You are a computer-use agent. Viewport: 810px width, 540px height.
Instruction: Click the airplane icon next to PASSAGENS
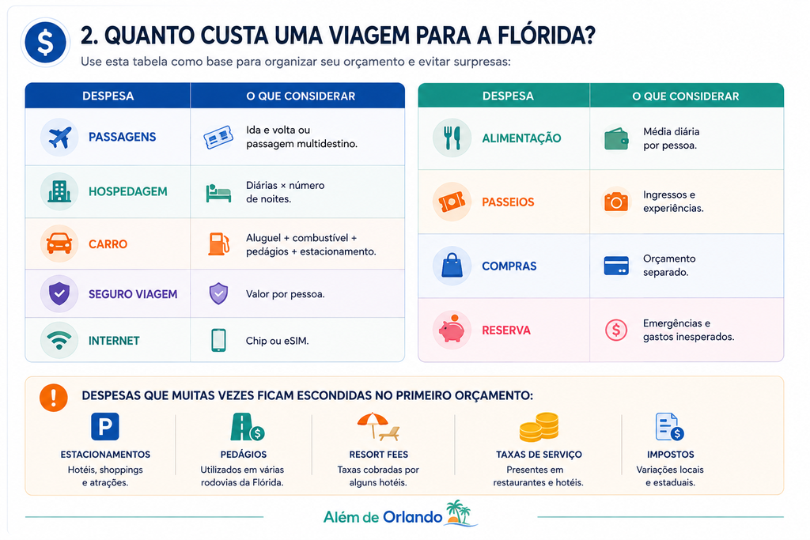(x=59, y=138)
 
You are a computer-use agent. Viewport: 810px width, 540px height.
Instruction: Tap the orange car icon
(x=59, y=244)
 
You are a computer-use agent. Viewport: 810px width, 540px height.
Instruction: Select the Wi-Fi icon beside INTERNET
(x=59, y=340)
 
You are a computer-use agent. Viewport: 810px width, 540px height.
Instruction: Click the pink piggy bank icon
(x=452, y=330)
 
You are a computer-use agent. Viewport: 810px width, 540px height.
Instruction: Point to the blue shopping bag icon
(x=452, y=266)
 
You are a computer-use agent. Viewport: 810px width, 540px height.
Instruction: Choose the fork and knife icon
(x=452, y=138)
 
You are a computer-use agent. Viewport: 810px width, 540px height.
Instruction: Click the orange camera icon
(x=616, y=202)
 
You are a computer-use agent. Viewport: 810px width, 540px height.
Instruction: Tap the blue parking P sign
(x=105, y=426)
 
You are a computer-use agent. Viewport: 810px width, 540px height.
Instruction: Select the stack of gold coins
(x=539, y=427)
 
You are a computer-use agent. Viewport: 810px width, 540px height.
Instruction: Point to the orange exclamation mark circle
(x=54, y=398)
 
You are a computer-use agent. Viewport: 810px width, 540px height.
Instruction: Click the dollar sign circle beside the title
(x=45, y=43)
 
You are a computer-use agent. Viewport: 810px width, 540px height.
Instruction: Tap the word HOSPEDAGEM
(x=127, y=191)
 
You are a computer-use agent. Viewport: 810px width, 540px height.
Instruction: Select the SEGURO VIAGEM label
(x=133, y=294)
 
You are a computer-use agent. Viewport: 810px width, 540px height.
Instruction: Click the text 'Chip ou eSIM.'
(x=277, y=341)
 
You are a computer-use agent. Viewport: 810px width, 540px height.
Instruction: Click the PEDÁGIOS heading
(x=244, y=455)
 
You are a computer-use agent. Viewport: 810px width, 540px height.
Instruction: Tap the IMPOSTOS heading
(x=671, y=455)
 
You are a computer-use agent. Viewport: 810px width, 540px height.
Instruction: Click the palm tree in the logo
(x=459, y=512)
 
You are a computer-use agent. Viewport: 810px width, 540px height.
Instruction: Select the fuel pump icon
(x=218, y=244)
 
